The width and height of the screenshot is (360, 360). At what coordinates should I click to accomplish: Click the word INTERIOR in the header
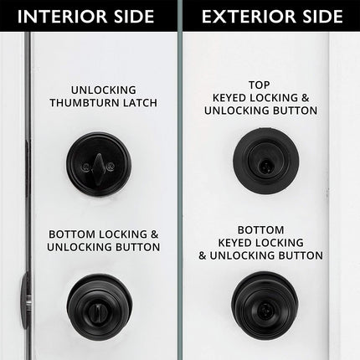(63, 17)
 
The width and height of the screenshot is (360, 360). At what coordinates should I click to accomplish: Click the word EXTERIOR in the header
(249, 17)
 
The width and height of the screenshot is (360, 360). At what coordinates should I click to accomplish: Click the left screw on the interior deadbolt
(85, 167)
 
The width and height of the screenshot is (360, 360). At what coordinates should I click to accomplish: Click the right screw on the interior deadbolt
(111, 166)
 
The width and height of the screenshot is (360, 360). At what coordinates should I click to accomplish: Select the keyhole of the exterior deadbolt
(265, 165)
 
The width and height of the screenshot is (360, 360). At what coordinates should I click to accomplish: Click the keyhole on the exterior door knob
(263, 309)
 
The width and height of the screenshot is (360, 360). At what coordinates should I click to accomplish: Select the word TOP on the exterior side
(259, 85)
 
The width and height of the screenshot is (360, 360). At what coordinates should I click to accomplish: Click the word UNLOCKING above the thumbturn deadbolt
(104, 90)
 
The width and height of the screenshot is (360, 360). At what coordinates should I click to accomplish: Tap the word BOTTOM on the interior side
(72, 234)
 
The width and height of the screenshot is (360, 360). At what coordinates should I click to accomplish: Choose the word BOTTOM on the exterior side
(260, 230)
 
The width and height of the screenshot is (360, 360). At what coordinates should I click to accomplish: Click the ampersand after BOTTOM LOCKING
(154, 234)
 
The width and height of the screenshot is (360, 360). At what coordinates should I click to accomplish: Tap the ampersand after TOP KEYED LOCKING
(306, 98)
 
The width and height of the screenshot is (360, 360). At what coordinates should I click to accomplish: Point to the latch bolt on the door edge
(24, 300)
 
